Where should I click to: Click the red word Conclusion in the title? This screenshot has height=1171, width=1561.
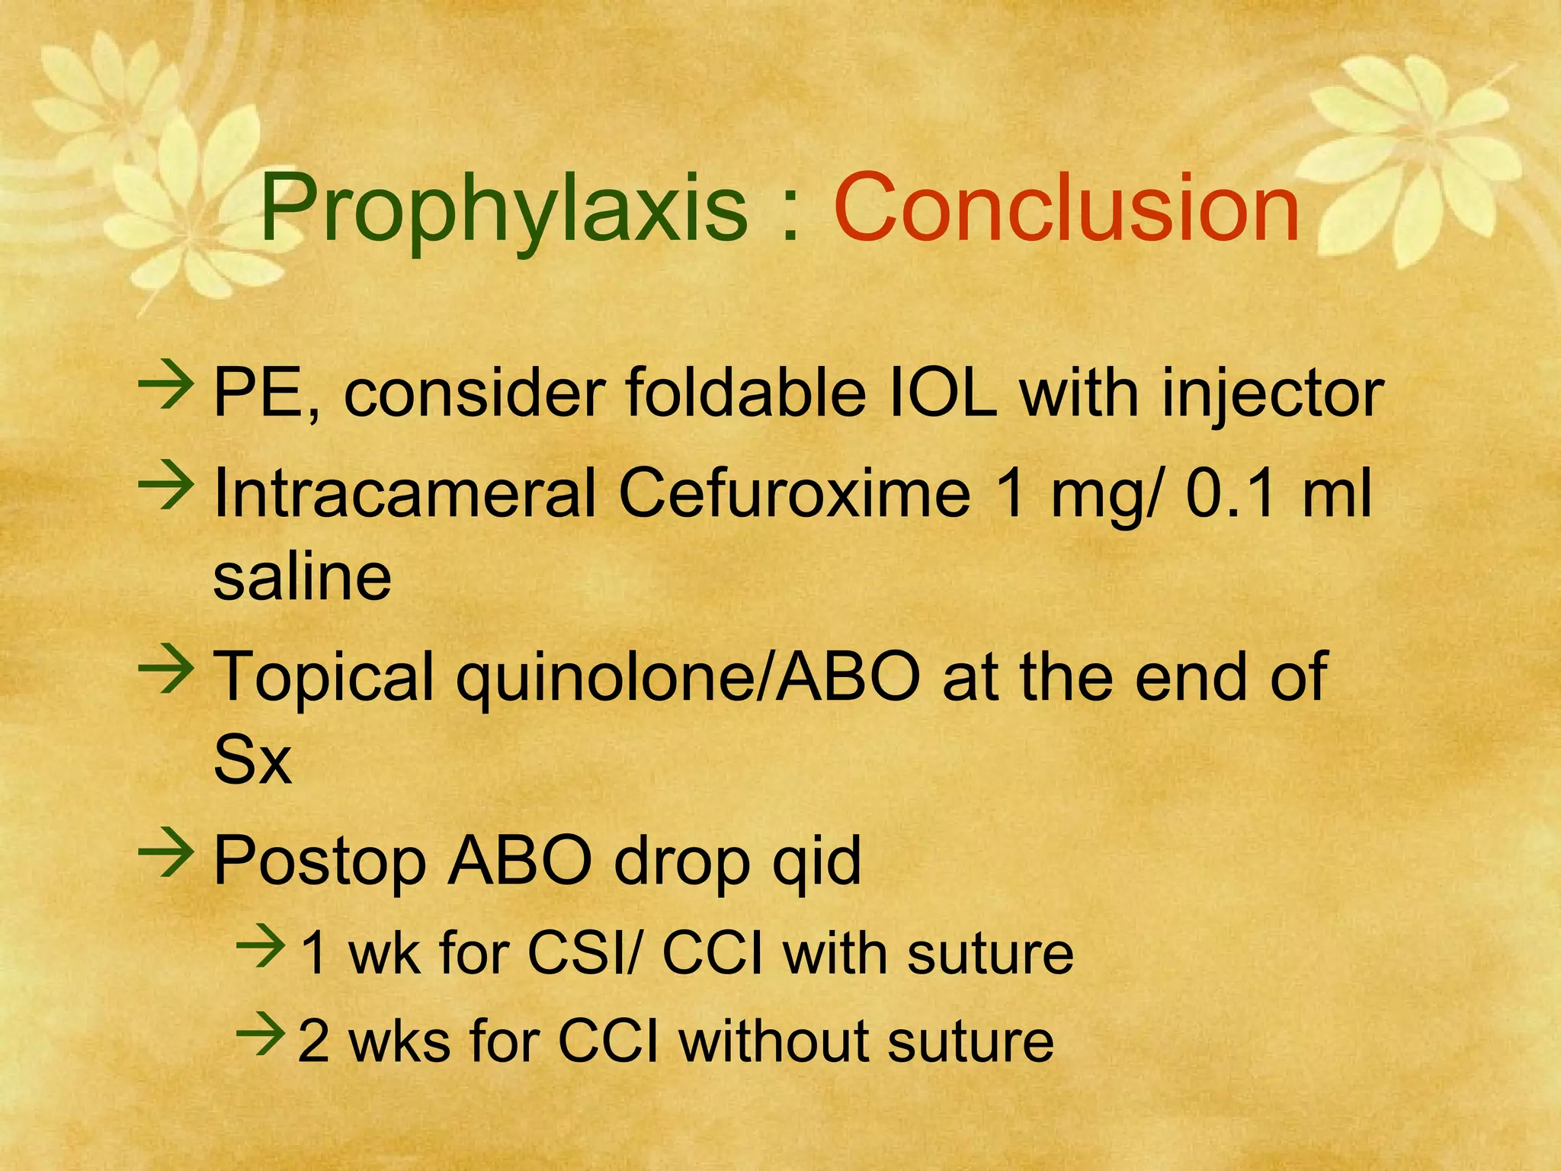click(1066, 208)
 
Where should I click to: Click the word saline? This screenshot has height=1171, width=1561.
click(302, 576)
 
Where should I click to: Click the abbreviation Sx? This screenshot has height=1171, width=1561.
click(252, 759)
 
